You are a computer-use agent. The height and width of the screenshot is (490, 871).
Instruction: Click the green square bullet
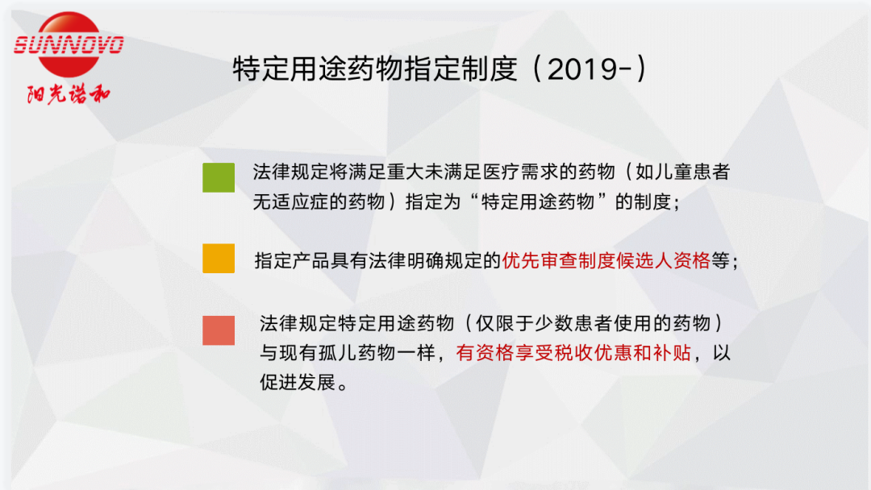coord(219,177)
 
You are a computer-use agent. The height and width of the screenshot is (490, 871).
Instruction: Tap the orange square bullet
coord(219,259)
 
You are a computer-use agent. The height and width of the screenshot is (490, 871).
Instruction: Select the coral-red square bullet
coord(219,330)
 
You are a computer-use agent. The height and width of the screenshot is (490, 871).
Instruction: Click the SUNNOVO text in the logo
coord(69,45)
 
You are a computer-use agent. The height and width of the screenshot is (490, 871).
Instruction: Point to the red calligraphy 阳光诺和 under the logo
coord(69,93)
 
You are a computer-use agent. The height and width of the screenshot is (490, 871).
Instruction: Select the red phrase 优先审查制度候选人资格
coord(606,260)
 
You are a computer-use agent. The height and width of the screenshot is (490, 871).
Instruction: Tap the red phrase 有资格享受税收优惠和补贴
coord(573,353)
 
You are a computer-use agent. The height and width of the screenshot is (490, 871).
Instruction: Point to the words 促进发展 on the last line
coord(298,382)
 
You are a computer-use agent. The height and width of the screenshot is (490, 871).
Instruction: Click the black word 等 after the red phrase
coord(720,260)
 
